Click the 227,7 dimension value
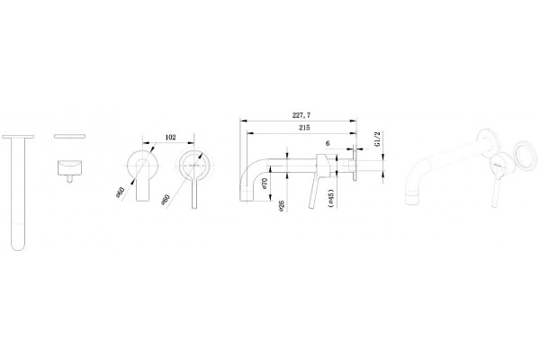coord(301,115)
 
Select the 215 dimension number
coord(304,128)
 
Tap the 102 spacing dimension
coord(170,137)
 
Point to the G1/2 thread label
coord(377,139)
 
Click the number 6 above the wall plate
coord(328,143)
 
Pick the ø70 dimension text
coord(265,183)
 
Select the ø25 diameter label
coord(282,206)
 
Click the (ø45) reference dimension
coord(331,198)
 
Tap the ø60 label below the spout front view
coord(121,193)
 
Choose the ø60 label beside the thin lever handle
coord(166,200)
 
